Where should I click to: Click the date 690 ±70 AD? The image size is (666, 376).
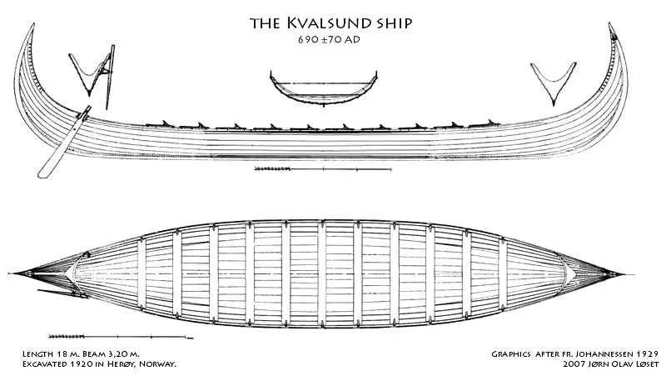(x=329, y=39)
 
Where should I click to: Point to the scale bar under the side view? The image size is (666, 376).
(x=323, y=169)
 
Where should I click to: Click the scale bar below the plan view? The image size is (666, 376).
(x=121, y=337)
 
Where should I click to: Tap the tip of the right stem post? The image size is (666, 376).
(x=610, y=24)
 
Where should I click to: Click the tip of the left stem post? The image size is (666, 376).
(x=32, y=24)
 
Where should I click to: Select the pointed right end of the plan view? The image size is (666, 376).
(x=633, y=274)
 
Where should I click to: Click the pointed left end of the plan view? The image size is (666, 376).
(x=10, y=273)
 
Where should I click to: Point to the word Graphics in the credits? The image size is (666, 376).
(x=511, y=353)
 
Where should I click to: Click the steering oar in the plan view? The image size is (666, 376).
(x=63, y=293)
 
